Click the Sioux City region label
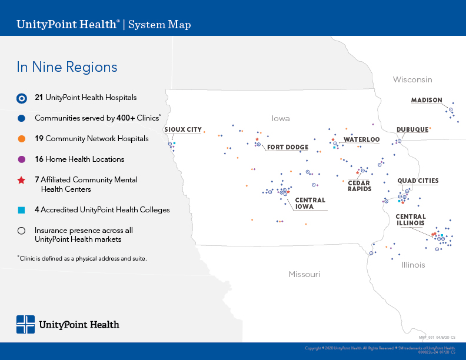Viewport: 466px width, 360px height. coord(183,129)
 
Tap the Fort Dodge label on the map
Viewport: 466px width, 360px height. coord(288,147)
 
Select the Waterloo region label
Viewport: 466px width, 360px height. coord(361,139)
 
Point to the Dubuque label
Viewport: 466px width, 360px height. coord(412,129)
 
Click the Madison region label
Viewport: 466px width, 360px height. coord(427,100)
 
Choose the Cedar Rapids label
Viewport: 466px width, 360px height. coord(360,186)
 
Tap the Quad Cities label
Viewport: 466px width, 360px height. coord(418,181)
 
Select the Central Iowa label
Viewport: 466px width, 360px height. coord(310,204)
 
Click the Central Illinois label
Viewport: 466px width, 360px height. coord(411,220)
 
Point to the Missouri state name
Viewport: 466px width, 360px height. coord(304,275)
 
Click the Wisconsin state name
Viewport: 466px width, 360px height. coord(412,79)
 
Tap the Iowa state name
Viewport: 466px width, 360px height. coord(281,118)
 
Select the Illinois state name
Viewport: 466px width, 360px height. coord(413,265)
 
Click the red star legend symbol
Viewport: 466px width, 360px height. coord(21,180)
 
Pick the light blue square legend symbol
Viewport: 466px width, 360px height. coord(21,210)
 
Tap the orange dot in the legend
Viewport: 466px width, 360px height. coord(21,139)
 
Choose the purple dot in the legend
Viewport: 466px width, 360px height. coord(21,159)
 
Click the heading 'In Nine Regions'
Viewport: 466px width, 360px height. coord(67,67)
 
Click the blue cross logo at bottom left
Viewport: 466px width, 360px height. coord(25,325)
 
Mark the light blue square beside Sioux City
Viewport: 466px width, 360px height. coord(175,144)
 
